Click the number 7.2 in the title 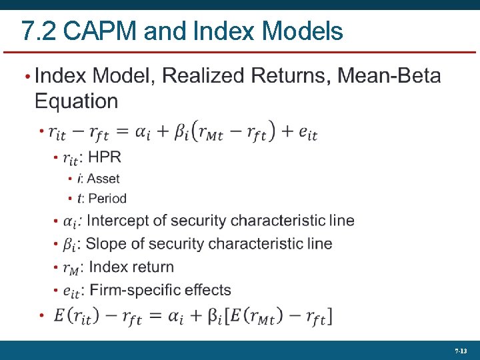pyautogui.click(x=35, y=31)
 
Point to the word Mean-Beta pyautogui.click(x=389, y=75)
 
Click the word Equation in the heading pyautogui.click(x=76, y=101)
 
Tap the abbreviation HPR pyautogui.click(x=105, y=157)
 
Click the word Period pyautogui.click(x=107, y=198)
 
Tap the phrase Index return pyautogui.click(x=131, y=267)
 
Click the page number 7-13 pyautogui.click(x=461, y=350)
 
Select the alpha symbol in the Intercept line pyautogui.click(x=69, y=221)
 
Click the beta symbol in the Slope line pyautogui.click(x=69, y=245)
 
